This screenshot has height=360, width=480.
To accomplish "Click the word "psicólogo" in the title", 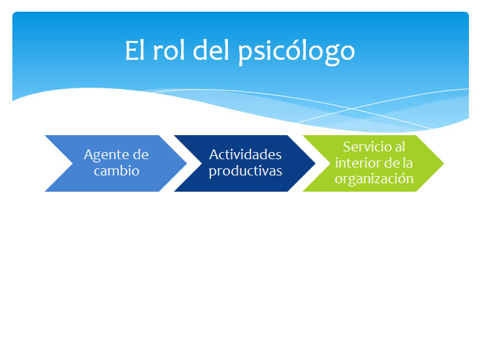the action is click(x=296, y=53).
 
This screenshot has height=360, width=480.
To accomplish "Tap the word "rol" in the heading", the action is click(x=169, y=50).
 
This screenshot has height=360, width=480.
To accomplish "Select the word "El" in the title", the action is click(x=134, y=50).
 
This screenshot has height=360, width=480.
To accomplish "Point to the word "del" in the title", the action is click(x=211, y=50).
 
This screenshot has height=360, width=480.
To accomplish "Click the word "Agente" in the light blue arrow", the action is click(x=105, y=155).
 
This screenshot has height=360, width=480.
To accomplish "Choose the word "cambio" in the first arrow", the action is click(x=117, y=171).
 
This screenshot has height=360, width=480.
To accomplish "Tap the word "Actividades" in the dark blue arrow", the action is click(x=246, y=155).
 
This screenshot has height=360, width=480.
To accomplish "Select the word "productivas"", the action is click(x=246, y=172).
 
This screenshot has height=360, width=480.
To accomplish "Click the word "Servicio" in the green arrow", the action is click(x=366, y=147).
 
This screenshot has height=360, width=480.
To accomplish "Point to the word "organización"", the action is click(x=374, y=179).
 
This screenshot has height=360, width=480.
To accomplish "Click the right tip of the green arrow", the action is click(x=444, y=163).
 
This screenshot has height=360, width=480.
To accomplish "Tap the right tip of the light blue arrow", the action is click(x=186, y=163).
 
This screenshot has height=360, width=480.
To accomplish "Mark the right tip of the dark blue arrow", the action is click(x=315, y=163).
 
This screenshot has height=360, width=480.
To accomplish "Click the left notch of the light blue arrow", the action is click(x=73, y=163).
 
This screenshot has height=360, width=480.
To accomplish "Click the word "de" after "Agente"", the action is click(x=141, y=155).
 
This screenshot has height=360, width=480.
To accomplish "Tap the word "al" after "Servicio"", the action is click(x=400, y=147).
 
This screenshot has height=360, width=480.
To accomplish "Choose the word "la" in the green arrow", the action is click(x=408, y=162).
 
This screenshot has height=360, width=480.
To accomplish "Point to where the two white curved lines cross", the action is click(x=352, y=109).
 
